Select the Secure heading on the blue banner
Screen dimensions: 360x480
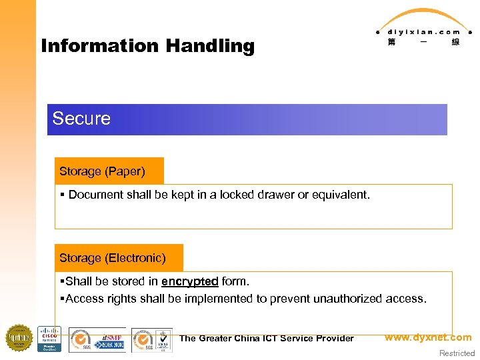pyautogui.click(x=81, y=119)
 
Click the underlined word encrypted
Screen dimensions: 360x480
pyautogui.click(x=189, y=281)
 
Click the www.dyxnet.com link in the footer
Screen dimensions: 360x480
pyautogui.click(x=427, y=337)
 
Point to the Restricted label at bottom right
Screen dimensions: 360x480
pyautogui.click(x=457, y=353)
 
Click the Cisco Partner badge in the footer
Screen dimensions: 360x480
pyautogui.click(x=49, y=339)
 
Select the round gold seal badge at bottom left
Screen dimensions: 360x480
pyautogui.click(x=19, y=337)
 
